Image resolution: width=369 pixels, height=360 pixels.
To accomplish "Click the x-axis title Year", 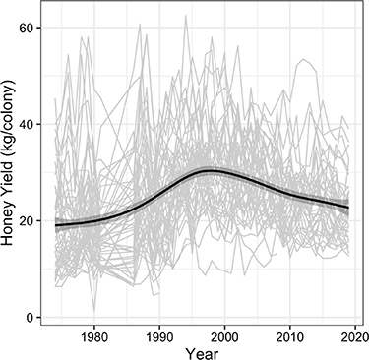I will tap(204, 352).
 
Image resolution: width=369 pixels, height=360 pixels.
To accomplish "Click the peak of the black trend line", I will tap(210, 171).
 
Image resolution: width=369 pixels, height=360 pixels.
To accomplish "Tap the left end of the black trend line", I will tap(54, 225).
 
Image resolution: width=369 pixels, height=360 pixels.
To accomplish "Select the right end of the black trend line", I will tap(348, 208).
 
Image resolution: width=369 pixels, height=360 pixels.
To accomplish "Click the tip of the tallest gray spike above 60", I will tap(186, 16).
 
